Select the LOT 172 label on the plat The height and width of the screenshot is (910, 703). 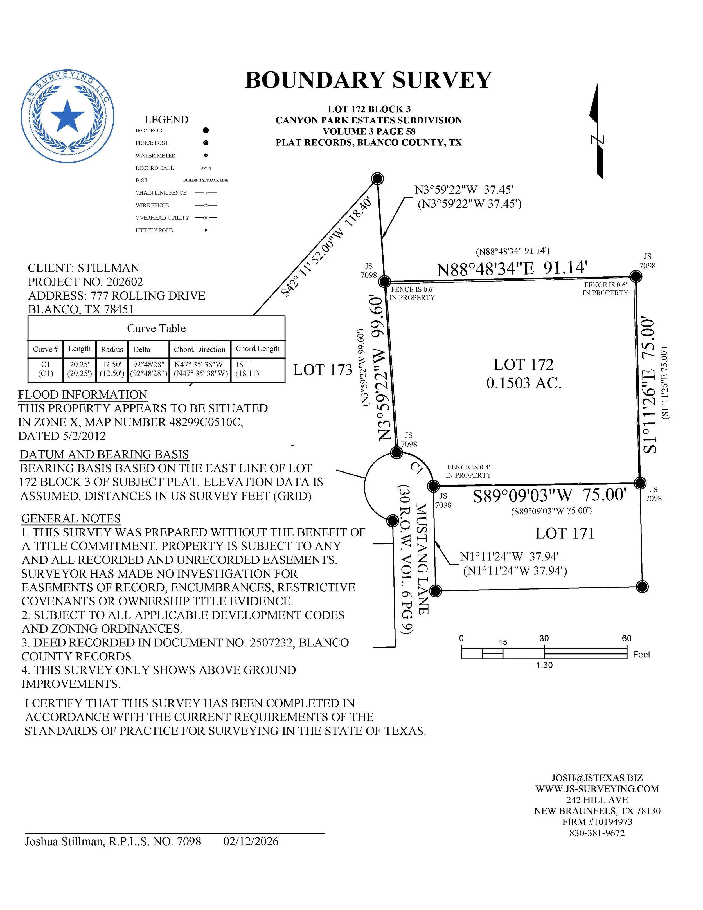(x=524, y=365)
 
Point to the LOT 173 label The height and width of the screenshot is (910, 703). (x=323, y=370)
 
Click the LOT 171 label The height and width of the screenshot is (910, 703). (x=564, y=533)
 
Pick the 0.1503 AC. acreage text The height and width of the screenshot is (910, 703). (x=524, y=383)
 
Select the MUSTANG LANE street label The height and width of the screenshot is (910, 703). (x=422, y=559)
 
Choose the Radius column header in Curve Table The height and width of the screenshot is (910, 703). (x=112, y=349)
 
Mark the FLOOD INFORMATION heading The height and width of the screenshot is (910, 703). (x=83, y=395)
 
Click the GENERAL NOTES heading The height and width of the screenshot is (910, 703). (x=71, y=518)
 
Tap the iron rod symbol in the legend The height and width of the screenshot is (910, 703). (x=206, y=131)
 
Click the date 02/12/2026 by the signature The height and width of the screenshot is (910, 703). (x=251, y=841)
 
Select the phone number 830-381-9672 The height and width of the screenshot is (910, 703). (x=597, y=833)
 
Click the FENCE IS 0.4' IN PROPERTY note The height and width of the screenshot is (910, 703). (x=468, y=471)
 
